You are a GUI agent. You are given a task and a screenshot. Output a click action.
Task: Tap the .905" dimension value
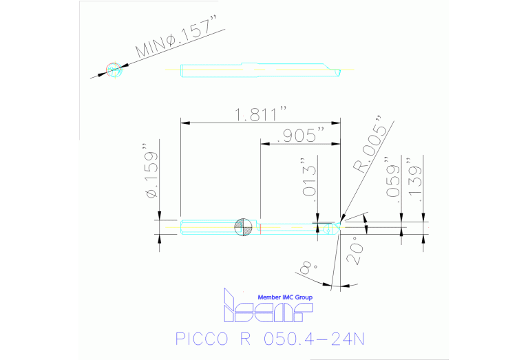coord(299,136)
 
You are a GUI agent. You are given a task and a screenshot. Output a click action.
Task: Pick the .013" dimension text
coord(310,182)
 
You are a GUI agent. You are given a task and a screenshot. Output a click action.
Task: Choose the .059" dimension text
coord(394,181)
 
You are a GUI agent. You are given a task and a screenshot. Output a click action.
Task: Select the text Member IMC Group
coord(284,297)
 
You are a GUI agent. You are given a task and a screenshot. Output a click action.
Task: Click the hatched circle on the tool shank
coord(242,226)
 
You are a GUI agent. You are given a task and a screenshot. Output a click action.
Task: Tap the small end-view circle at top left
coord(114,70)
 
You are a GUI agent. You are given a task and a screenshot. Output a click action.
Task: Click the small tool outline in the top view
coord(258,70)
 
